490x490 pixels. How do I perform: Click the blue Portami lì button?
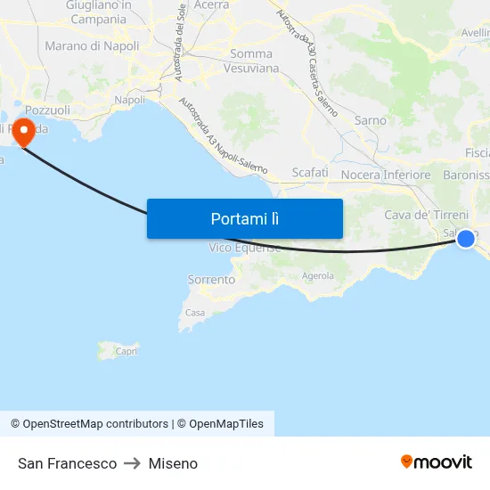[244, 218]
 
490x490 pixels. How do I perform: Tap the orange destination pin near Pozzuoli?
[21, 133]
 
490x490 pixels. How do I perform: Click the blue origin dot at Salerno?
[465, 238]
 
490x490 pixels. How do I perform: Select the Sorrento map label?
[211, 280]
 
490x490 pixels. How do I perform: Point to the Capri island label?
[126, 352]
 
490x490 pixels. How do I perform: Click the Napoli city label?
[130, 100]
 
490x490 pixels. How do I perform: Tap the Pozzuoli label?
[48, 110]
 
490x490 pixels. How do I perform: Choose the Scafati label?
[310, 172]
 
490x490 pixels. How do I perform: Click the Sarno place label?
[371, 120]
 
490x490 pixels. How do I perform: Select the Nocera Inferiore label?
[386, 175]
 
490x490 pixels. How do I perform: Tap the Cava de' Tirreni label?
[426, 215]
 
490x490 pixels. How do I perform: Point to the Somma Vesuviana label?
[250, 61]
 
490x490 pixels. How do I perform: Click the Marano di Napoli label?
[92, 45]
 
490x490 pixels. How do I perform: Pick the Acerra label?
[211, 5]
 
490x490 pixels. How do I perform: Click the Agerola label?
[317, 276]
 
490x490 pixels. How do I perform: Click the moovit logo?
[436, 462]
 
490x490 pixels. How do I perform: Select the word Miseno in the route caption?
[173, 463]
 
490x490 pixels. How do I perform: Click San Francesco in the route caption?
[67, 463]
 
